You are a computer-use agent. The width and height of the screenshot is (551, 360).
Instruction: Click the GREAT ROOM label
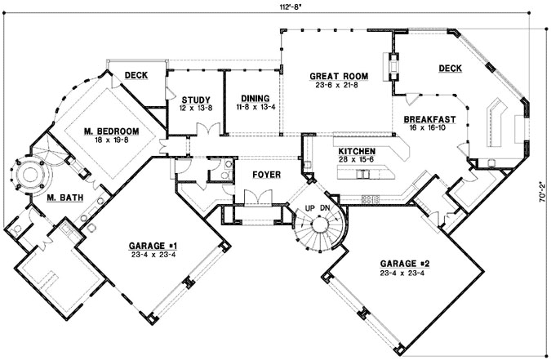point(339,76)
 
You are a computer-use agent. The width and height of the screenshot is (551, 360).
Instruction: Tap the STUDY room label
point(196,100)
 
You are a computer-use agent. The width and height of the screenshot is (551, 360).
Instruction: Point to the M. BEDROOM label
point(110,131)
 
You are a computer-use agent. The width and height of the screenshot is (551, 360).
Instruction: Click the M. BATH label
point(62,198)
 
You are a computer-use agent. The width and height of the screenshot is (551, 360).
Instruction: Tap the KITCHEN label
point(357,152)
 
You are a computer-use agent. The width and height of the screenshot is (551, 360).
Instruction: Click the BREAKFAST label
point(429,119)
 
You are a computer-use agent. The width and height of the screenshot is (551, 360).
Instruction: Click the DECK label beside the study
point(136,76)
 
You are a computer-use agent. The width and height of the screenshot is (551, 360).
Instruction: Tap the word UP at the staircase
point(309,209)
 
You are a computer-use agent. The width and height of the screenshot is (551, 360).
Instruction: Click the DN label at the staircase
point(325,209)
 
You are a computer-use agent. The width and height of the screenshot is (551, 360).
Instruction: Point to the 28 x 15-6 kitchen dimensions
point(357,162)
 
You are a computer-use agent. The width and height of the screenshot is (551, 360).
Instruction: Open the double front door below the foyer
point(265,197)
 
